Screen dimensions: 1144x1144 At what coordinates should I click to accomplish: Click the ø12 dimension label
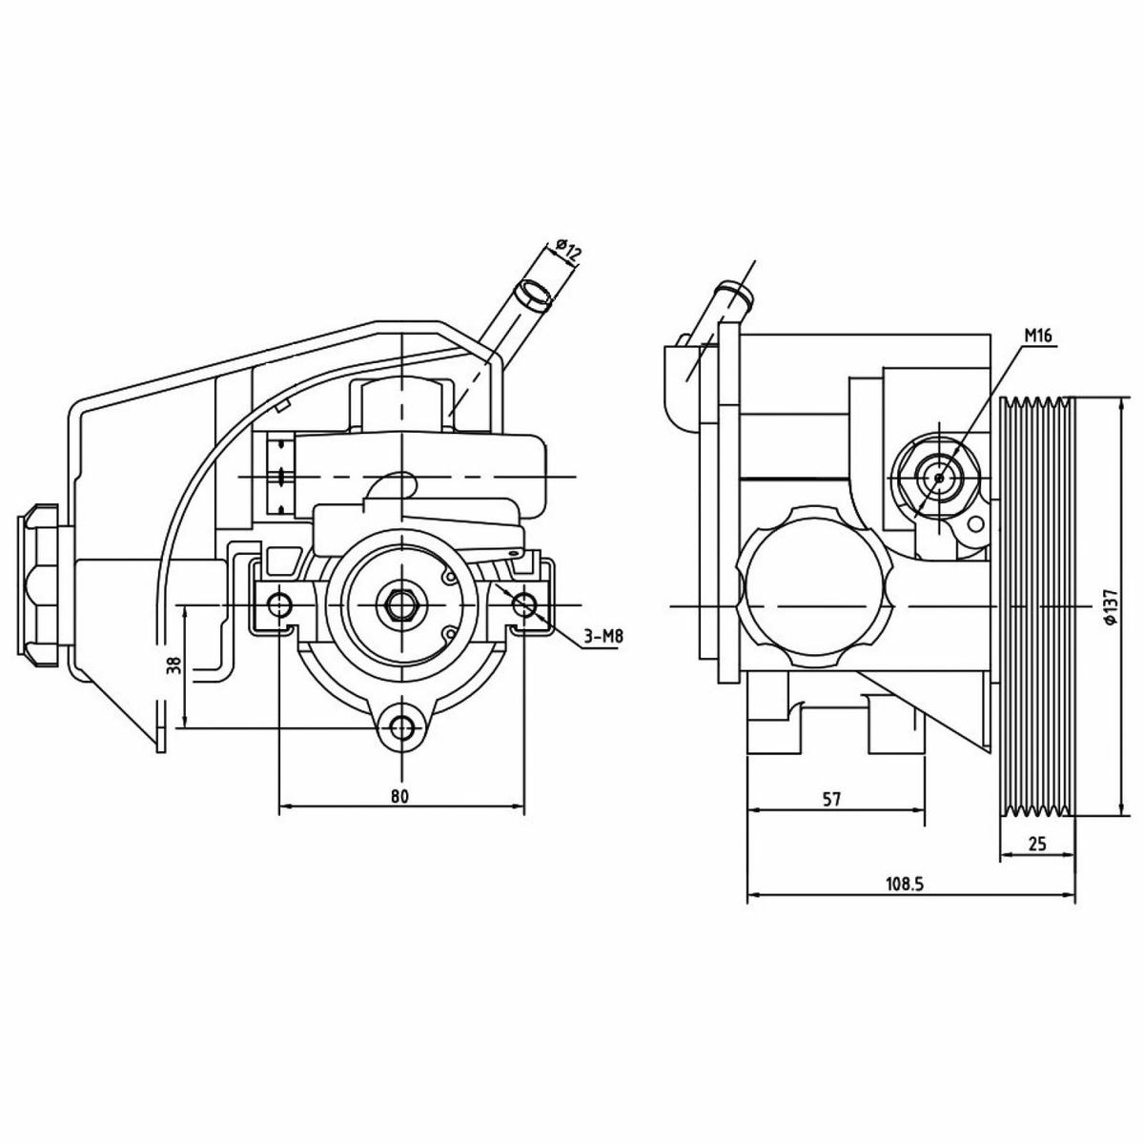coord(567,251)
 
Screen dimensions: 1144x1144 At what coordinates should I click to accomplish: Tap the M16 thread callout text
coord(1037,336)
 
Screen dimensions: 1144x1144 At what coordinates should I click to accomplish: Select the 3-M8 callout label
coord(603,638)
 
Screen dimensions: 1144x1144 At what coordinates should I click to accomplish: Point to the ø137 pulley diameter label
coord(1112,606)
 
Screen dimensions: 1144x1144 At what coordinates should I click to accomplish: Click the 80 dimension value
coord(400,797)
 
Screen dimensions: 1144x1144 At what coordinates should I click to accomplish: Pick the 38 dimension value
coord(174,664)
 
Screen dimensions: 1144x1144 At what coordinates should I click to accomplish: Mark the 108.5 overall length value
coord(905,901)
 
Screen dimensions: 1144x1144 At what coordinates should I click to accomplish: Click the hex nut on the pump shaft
coord(402,605)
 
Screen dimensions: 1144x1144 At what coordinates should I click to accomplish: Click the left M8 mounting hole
coord(278,605)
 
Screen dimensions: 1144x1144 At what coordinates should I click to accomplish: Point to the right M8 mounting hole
coord(524,605)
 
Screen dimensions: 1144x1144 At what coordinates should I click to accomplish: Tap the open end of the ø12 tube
coord(531,294)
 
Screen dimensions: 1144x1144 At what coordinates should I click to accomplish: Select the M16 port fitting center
coord(939,478)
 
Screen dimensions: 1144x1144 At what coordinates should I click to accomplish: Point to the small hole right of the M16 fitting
coord(975,523)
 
